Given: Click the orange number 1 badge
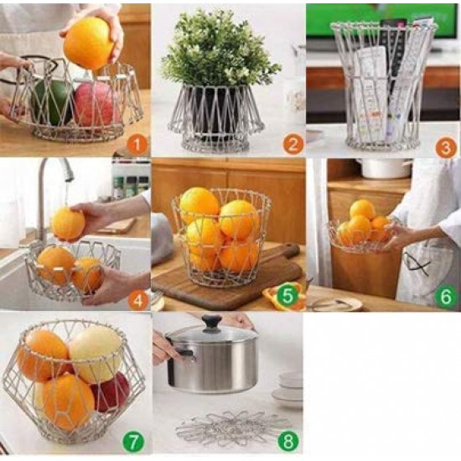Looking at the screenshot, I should (x=138, y=143).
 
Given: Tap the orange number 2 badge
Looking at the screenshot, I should (x=292, y=143).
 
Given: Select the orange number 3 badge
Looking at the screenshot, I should (x=446, y=143).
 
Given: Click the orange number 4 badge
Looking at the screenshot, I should (x=138, y=298).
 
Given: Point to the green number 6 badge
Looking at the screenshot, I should (x=446, y=297).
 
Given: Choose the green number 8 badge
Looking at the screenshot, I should (x=288, y=440).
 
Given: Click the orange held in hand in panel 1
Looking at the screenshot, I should (x=89, y=43).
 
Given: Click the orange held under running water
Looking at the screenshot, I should (x=68, y=224).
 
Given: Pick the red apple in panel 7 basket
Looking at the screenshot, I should (x=111, y=391).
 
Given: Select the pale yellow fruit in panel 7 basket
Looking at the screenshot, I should (x=95, y=351).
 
